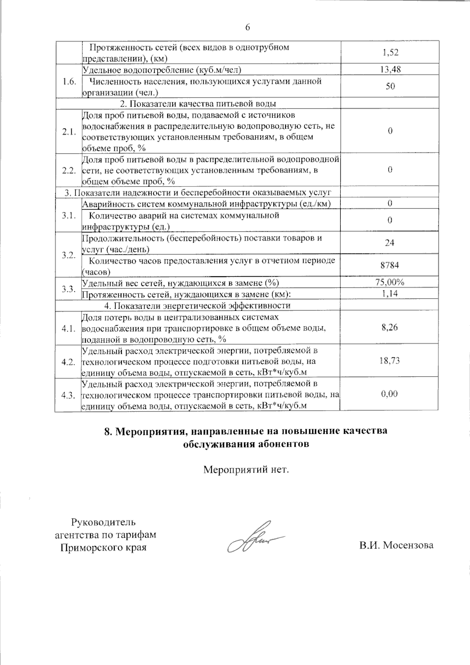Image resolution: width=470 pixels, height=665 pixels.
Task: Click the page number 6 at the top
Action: [247, 27]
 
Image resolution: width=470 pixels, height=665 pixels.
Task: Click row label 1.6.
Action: [69, 81]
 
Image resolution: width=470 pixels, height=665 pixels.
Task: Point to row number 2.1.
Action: [69, 132]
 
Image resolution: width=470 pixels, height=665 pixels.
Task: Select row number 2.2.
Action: [69, 170]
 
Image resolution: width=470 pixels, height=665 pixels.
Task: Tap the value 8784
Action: [389, 265]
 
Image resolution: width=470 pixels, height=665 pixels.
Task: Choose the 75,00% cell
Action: [389, 282]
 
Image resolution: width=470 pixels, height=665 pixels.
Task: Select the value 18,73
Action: [389, 361]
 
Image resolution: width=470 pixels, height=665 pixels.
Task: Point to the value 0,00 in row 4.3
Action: [389, 394]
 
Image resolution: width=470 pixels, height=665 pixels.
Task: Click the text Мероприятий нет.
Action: [246, 469]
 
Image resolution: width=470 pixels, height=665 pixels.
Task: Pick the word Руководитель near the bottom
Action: [103, 522]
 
